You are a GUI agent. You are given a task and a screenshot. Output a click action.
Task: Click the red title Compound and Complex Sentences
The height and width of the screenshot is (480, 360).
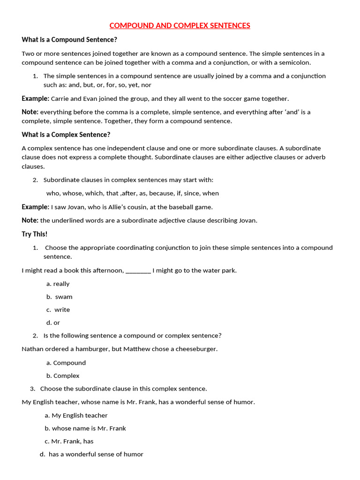click(180, 25)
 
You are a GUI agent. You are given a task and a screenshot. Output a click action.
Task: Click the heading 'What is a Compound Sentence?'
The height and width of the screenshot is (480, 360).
click(69, 39)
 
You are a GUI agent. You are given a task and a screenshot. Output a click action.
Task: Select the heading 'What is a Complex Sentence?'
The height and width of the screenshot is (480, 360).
click(66, 135)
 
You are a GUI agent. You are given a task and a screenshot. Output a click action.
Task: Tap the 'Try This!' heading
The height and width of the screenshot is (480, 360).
click(35, 234)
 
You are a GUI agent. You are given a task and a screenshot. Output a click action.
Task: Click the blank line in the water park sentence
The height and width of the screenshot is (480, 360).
click(138, 271)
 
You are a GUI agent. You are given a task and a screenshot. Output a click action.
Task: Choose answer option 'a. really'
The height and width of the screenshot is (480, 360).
click(58, 284)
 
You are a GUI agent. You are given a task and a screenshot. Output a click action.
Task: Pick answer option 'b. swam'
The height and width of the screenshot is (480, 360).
click(60, 297)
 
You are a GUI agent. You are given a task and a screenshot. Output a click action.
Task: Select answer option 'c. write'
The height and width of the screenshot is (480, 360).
click(58, 309)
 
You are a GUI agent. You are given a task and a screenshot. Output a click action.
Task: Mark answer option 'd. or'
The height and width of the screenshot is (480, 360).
click(53, 322)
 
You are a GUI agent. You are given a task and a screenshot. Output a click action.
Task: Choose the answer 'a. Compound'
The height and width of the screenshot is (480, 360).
click(66, 362)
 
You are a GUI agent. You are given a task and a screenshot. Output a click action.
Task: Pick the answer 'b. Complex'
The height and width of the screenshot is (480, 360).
click(63, 375)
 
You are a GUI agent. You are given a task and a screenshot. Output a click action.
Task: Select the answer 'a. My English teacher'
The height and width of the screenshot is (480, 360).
click(76, 415)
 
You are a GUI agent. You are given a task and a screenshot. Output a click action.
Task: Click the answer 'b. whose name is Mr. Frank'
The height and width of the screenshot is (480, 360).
click(85, 428)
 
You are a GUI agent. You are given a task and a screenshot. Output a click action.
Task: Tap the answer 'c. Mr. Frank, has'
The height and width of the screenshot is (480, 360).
click(69, 441)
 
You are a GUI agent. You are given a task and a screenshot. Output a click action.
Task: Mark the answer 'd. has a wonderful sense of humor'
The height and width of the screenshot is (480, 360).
click(92, 454)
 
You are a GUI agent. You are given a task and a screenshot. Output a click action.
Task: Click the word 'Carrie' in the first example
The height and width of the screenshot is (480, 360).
click(60, 98)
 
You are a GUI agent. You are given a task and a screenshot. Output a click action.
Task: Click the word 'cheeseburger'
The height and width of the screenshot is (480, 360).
click(197, 349)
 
